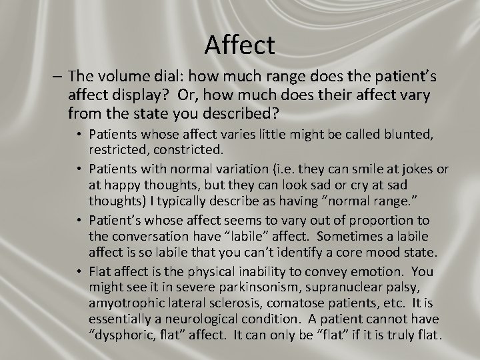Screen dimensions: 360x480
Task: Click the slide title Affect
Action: (x=239, y=45)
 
